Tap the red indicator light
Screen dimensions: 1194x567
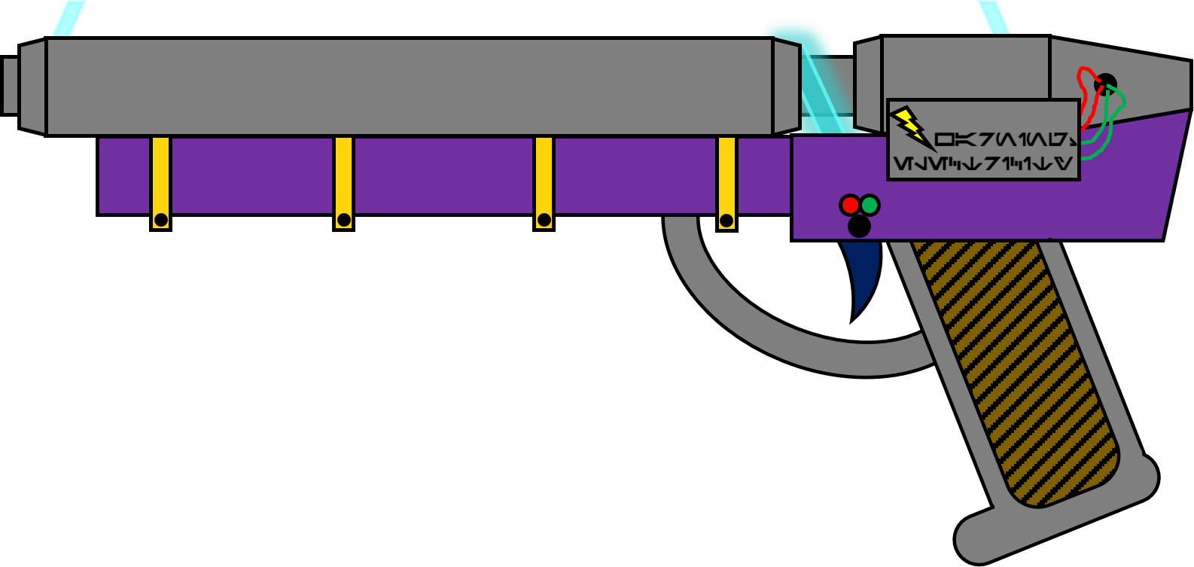coord(850,205)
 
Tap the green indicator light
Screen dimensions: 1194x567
coord(870,205)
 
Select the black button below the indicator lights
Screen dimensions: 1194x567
coord(859,226)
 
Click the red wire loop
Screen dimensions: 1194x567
coord(1086,87)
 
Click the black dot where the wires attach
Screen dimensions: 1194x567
coord(1106,83)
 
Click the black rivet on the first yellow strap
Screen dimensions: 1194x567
coord(160,220)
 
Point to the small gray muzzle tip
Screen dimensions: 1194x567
coord(11,86)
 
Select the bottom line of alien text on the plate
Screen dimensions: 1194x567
coord(982,163)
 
